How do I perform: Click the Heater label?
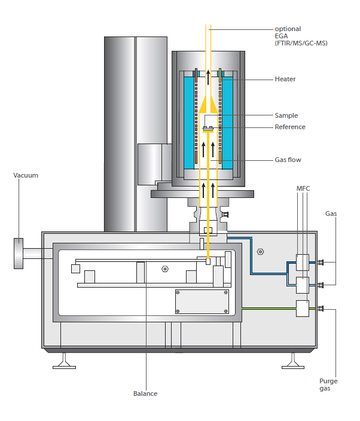[285, 79]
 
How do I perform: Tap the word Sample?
[286, 115]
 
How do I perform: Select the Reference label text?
[289, 127]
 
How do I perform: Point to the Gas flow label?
[288, 160]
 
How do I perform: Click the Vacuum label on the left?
[26, 175]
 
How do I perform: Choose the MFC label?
[303, 189]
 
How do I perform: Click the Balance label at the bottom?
[145, 393]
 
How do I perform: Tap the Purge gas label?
[327, 384]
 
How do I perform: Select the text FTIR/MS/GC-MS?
[301, 43]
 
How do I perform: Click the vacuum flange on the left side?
[19, 255]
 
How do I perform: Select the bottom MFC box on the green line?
[302, 309]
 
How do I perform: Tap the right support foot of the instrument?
[292, 361]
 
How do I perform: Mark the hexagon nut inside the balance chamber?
[164, 269]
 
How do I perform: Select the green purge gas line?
[269, 309]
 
